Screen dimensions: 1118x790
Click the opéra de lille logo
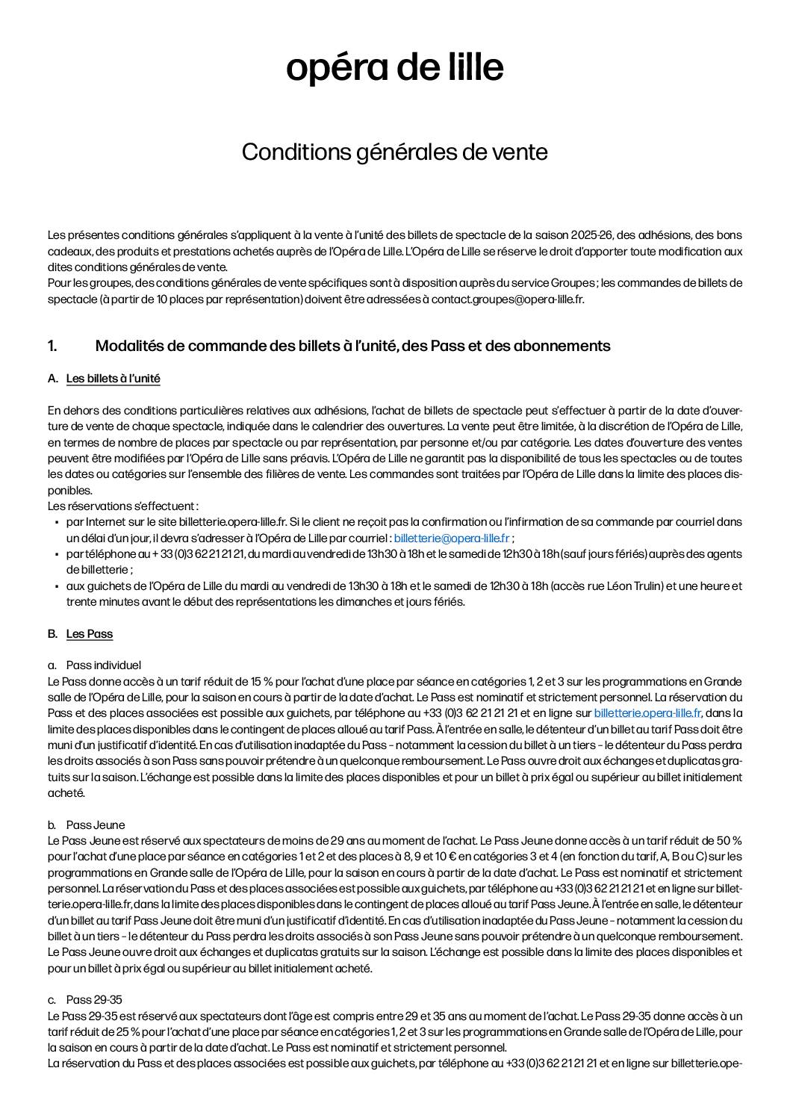click(x=394, y=68)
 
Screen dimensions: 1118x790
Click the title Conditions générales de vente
click(x=394, y=152)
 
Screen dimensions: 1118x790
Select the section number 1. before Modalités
click(x=52, y=346)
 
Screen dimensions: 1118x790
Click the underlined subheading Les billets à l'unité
click(x=113, y=379)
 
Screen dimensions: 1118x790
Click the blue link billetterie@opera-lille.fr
click(x=452, y=538)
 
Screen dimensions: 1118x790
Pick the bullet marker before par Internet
click(x=57, y=522)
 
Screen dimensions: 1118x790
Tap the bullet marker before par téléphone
click(x=57, y=554)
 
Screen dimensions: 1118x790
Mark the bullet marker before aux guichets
click(x=57, y=586)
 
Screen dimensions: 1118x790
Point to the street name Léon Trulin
click(x=630, y=586)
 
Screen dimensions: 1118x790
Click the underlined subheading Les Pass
click(x=90, y=634)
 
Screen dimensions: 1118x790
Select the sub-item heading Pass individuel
click(x=103, y=665)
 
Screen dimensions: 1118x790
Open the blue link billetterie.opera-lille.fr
click(x=647, y=713)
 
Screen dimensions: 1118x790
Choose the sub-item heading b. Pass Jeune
click(x=96, y=825)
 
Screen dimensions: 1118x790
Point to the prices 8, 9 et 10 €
click(x=370, y=857)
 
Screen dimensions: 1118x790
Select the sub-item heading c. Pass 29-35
click(x=94, y=1000)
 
